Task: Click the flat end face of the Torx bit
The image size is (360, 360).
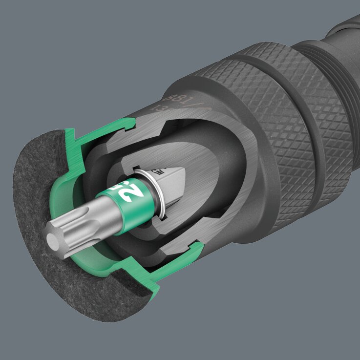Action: tap(55, 239)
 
